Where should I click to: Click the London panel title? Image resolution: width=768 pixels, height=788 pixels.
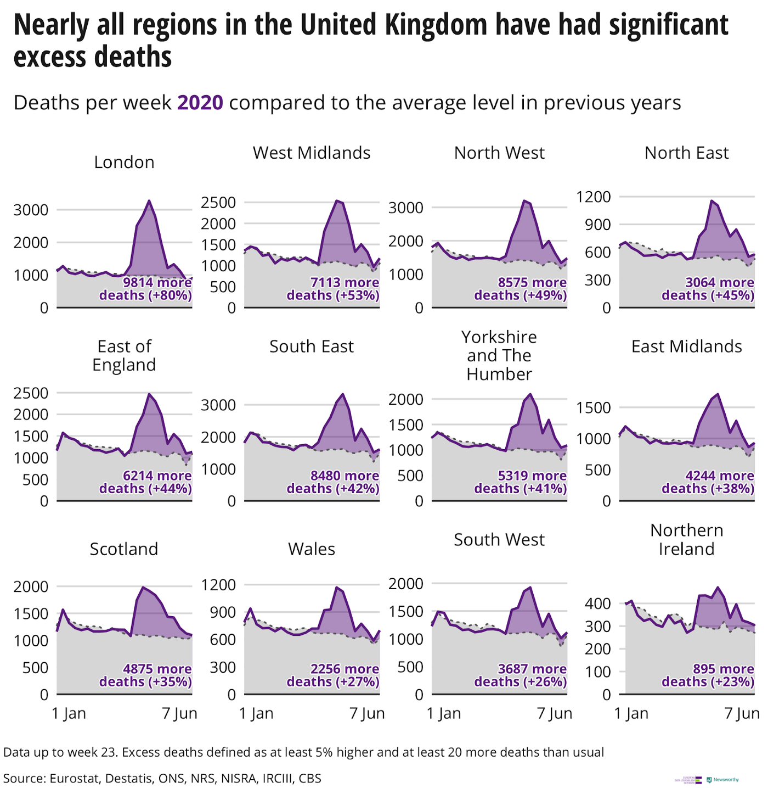coord(124,162)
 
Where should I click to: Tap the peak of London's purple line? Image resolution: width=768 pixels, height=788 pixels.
coord(149,201)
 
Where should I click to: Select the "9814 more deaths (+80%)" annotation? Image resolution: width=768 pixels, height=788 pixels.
coord(146,289)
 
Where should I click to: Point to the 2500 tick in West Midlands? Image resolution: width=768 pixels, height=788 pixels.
coord(218,202)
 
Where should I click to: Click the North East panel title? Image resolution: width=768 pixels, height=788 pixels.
coord(686,153)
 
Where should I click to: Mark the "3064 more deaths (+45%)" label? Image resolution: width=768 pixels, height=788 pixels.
coord(708,289)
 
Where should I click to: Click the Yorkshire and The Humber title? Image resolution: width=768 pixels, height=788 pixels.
coord(499,355)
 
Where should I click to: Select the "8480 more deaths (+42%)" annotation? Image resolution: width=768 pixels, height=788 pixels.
coord(333,482)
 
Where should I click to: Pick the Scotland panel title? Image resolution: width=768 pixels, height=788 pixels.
coord(124,549)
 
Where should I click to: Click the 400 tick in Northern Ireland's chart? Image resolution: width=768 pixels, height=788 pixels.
coord(598,603)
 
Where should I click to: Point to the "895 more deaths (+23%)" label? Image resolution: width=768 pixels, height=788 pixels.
coord(708,675)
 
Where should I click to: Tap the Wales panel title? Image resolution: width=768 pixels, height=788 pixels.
coord(312,549)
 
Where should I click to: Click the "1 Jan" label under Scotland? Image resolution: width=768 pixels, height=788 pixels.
coord(69,713)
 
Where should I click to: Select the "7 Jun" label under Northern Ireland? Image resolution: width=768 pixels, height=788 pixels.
coord(742,713)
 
